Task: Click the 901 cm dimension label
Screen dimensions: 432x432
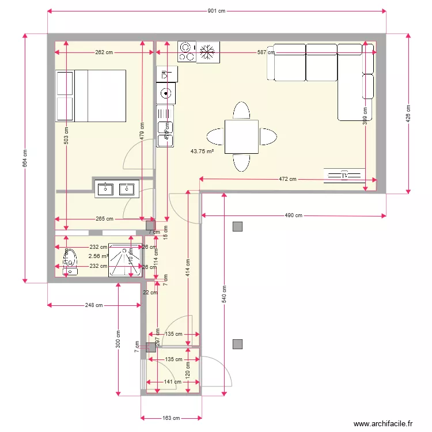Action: (x=216, y=11)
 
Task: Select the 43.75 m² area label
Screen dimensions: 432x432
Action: (x=202, y=151)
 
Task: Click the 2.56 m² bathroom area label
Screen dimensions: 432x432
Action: (x=98, y=256)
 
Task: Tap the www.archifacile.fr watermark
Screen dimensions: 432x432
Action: (x=383, y=423)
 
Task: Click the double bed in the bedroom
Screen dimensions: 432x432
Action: (x=90, y=96)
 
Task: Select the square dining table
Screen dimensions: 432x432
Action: (x=241, y=137)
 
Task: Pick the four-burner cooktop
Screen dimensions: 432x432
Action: (x=187, y=51)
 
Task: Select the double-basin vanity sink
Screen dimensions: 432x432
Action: (x=116, y=188)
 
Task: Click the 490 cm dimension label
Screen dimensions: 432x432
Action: (x=293, y=215)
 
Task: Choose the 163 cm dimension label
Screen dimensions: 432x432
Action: (x=171, y=418)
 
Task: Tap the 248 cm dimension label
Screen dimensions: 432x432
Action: (x=94, y=305)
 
